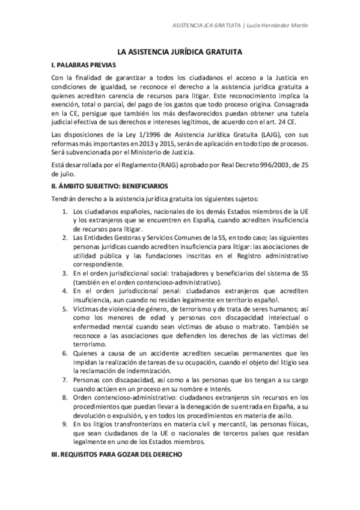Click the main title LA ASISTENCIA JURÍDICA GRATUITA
[180, 53]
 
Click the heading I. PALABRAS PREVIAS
[82, 64]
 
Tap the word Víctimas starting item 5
[87, 309]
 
